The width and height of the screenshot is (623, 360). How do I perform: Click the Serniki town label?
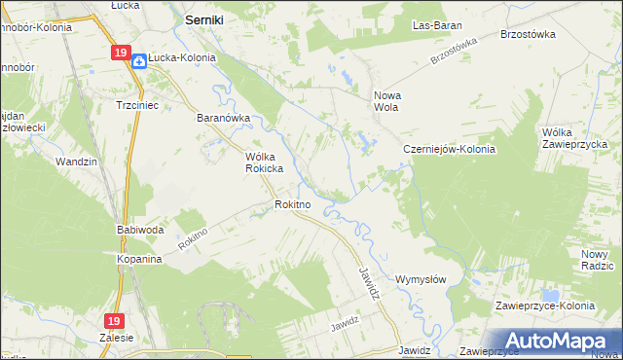pyautogui.click(x=206, y=18)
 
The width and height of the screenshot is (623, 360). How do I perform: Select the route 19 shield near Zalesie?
pyautogui.click(x=115, y=320)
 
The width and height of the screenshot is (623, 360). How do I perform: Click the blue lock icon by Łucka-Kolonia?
pyautogui.click(x=139, y=60)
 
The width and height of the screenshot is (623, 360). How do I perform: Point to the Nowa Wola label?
pyautogui.click(x=388, y=102)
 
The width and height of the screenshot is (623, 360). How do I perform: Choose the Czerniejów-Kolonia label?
pyautogui.click(x=450, y=150)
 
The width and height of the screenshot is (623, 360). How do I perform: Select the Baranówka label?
pyautogui.click(x=224, y=119)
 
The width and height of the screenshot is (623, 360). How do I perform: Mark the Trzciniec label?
pyautogui.click(x=136, y=104)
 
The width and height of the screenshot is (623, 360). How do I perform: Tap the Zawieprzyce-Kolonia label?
pyautogui.click(x=544, y=306)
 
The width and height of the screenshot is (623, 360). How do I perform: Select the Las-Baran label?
pyautogui.click(x=436, y=25)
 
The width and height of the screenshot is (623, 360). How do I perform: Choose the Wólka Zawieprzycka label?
pyautogui.click(x=575, y=138)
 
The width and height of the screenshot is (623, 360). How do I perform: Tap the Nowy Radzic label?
pyautogui.click(x=597, y=260)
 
